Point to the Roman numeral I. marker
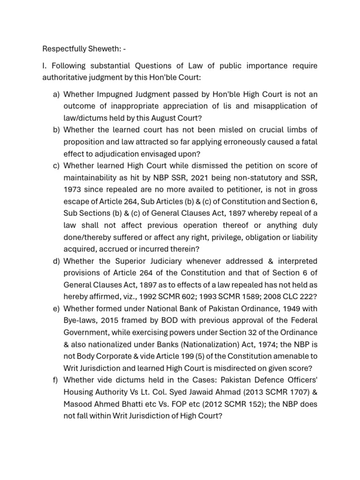point(44,66)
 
